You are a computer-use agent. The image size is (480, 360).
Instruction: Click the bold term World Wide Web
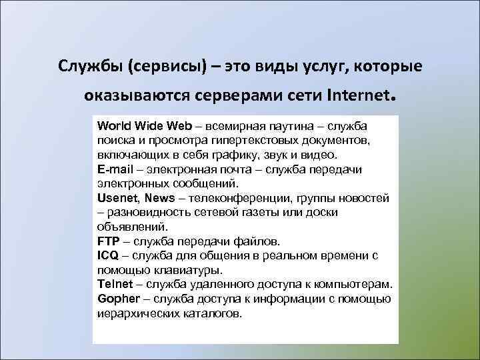coord(144,126)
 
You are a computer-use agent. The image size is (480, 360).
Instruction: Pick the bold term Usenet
coord(118,198)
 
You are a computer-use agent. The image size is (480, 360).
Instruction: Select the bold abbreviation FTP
coord(108,241)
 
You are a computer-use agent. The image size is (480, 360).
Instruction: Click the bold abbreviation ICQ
coord(109,255)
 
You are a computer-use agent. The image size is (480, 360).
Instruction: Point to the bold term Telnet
coord(115,284)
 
